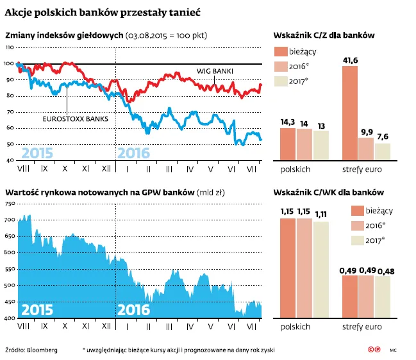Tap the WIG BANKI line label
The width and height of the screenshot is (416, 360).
214,70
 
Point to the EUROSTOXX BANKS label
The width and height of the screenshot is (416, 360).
75,119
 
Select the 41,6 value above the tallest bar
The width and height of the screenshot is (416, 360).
350,60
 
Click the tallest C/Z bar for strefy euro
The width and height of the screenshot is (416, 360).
350,113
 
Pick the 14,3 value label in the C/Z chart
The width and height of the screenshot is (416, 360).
287,122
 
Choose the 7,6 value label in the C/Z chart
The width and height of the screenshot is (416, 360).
382,137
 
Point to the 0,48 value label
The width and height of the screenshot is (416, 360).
383,272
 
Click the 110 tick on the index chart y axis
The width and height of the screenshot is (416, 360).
9,48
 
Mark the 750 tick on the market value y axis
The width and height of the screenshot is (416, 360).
9,204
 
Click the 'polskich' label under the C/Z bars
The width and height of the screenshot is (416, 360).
295,169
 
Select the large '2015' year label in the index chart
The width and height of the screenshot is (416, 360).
37,154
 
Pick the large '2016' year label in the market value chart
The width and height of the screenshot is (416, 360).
133,311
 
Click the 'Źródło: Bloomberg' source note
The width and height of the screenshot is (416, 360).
31,350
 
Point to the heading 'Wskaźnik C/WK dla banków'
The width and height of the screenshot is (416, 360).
329,192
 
